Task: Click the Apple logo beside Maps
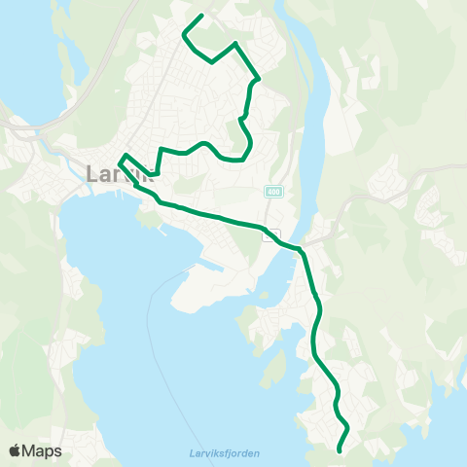[x=15, y=450]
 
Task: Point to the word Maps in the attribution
[x=42, y=450]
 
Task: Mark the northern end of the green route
[x=200, y=16]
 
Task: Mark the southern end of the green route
[x=339, y=450]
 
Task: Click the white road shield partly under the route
[x=272, y=234]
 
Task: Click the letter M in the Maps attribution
[x=30, y=450]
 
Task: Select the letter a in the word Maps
[x=41, y=451]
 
